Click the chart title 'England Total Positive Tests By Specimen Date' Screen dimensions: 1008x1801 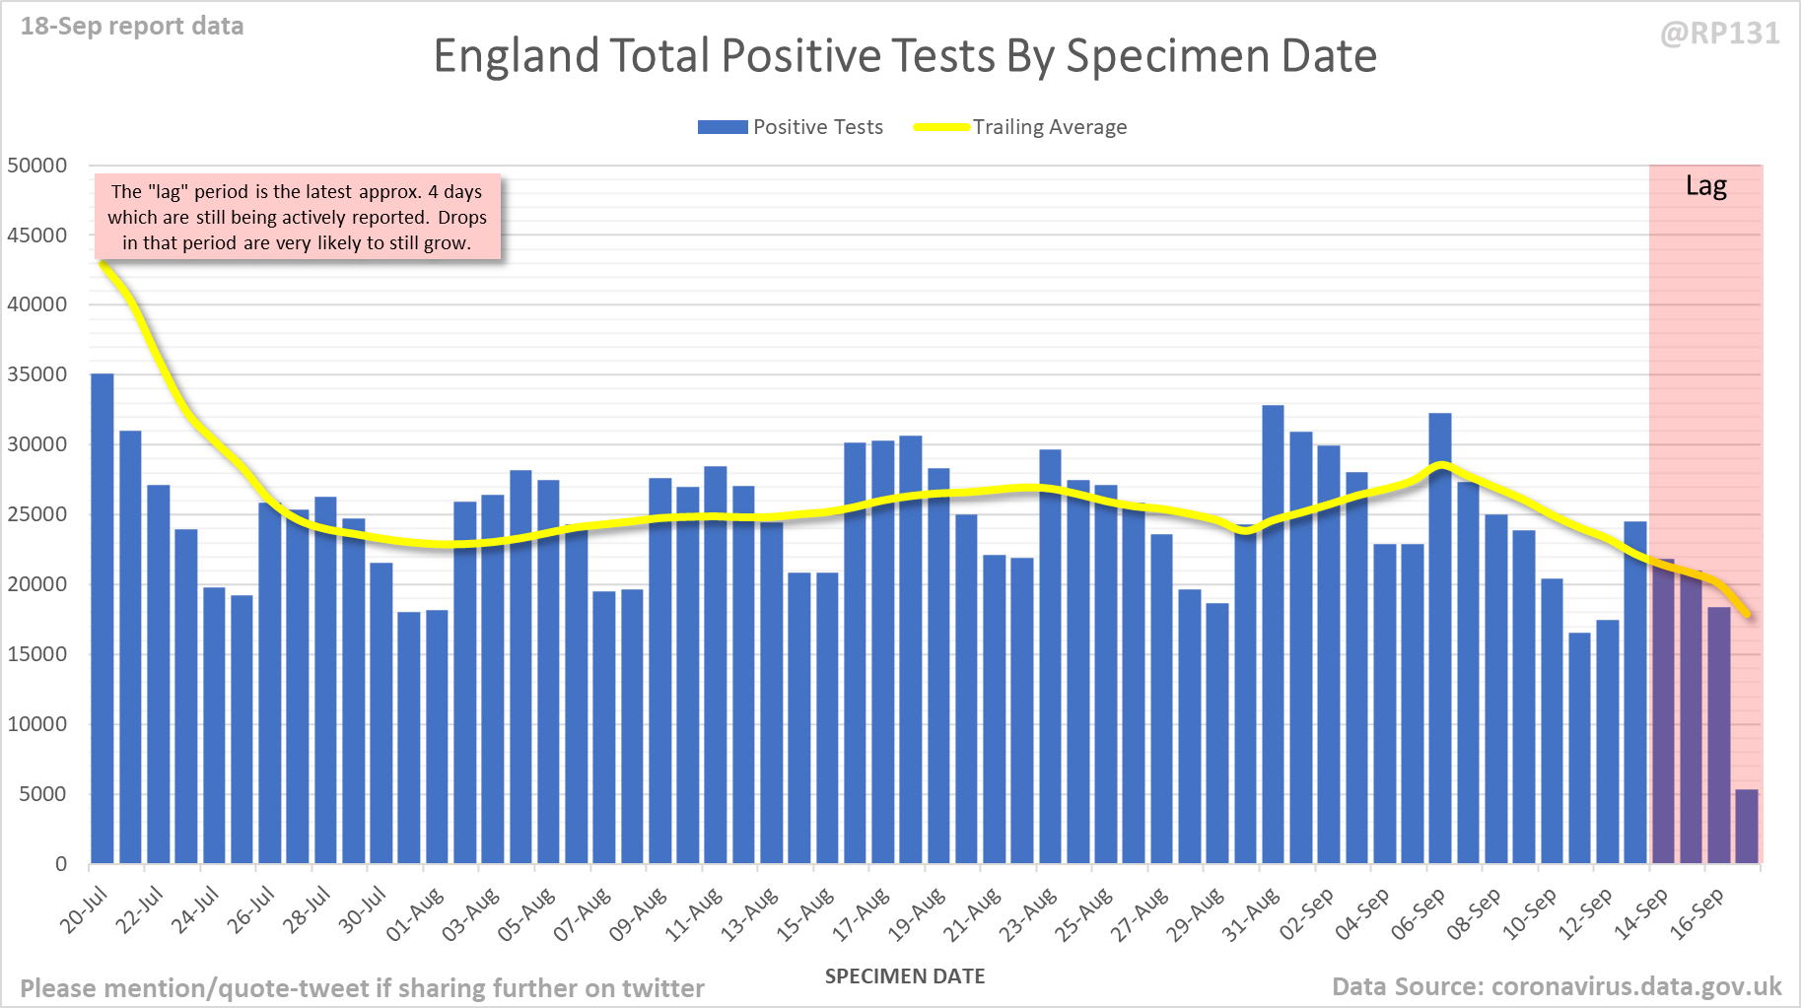[x=904, y=56]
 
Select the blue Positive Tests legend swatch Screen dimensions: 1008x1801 [x=723, y=127]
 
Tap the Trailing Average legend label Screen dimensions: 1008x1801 [x=1049, y=127]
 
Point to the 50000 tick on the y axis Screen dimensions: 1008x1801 [x=37, y=166]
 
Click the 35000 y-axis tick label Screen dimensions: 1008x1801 [x=37, y=374]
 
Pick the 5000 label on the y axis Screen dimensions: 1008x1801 [x=42, y=794]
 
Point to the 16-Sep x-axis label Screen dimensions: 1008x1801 [x=1697, y=913]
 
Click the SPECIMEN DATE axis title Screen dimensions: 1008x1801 [x=904, y=976]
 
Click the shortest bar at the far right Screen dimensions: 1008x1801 [x=1746, y=827]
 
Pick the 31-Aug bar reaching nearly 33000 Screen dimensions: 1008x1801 [x=1273, y=635]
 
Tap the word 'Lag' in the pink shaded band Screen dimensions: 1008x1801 [x=1705, y=186]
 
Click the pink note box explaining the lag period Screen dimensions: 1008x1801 [x=297, y=218]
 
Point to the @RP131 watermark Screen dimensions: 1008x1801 [x=1719, y=34]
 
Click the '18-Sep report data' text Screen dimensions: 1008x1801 [x=132, y=27]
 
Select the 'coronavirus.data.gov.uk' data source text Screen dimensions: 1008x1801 [x=1636, y=986]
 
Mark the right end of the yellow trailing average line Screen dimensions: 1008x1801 [x=1747, y=615]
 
